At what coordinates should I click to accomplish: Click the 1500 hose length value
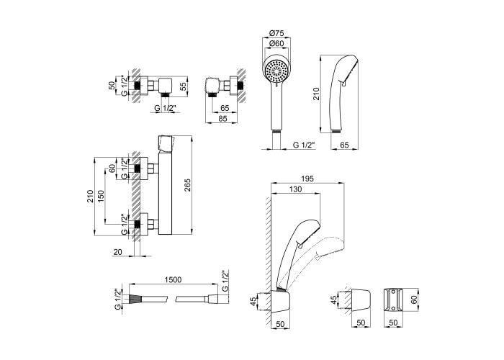click(x=172, y=280)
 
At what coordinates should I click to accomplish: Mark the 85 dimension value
click(x=225, y=120)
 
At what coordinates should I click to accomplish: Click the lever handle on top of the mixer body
click(x=165, y=142)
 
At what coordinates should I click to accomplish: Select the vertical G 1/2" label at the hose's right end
click(x=225, y=280)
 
